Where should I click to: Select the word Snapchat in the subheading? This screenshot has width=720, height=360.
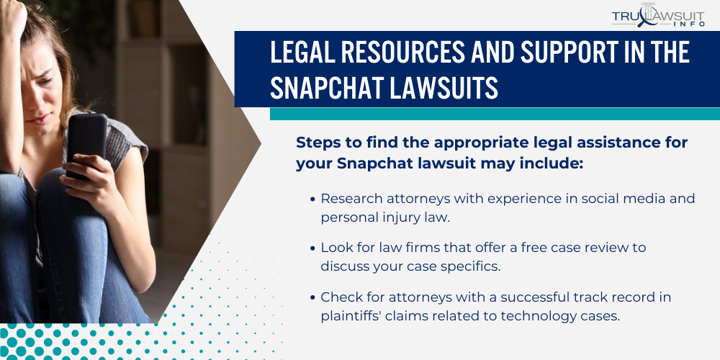click(x=374, y=163)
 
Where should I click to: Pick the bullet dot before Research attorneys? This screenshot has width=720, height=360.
click(x=312, y=199)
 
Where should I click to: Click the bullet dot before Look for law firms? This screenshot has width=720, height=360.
click(x=312, y=248)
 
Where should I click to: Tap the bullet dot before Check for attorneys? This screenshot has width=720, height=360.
click(x=312, y=297)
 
